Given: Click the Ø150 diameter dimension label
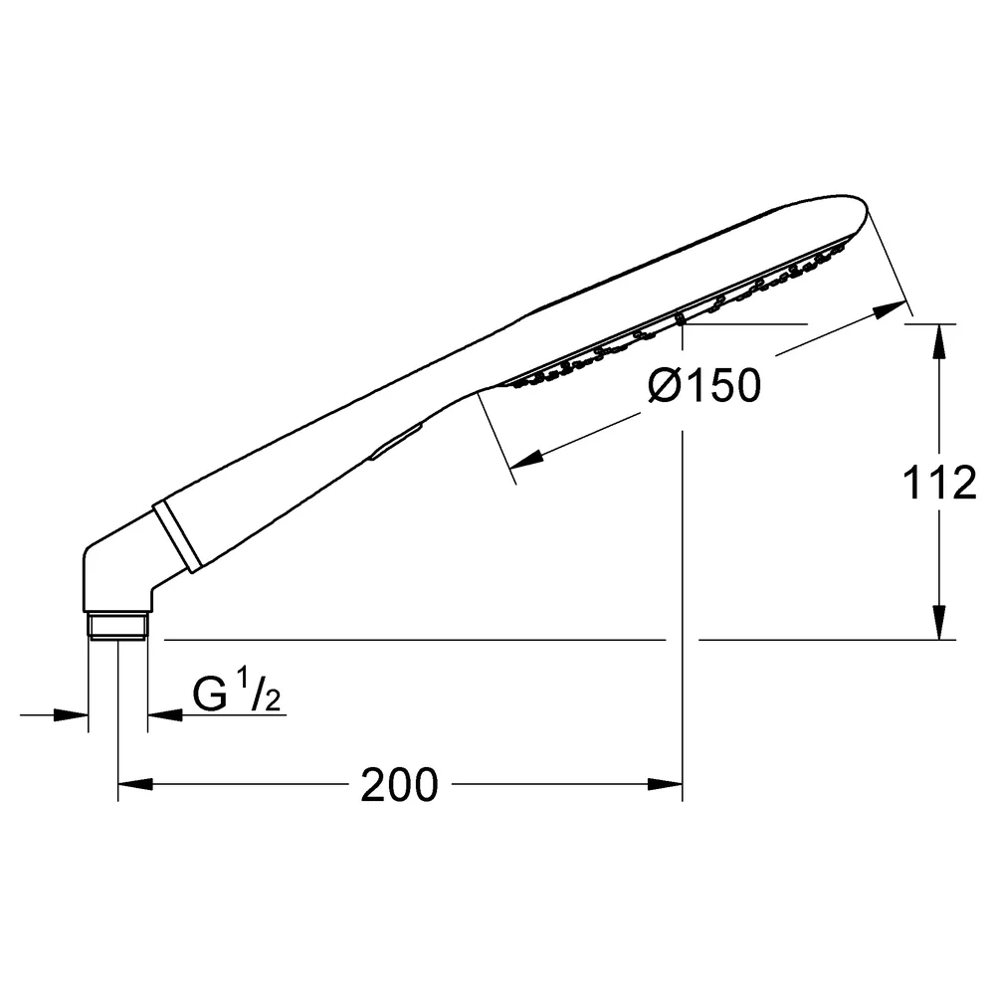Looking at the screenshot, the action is click(x=704, y=385).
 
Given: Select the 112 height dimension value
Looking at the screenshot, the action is click(x=939, y=483).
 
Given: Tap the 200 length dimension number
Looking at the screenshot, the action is click(x=399, y=785).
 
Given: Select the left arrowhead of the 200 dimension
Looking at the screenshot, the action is click(x=135, y=784).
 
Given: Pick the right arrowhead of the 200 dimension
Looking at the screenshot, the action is click(x=665, y=784).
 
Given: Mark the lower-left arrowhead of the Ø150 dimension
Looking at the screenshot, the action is click(x=526, y=460).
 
